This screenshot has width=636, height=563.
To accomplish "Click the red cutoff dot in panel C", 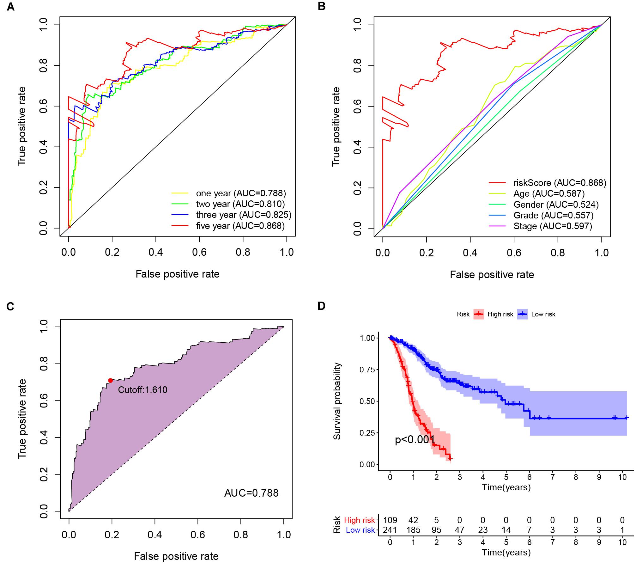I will click(x=110, y=380).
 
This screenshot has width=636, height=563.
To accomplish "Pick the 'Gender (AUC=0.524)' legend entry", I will click(x=556, y=205).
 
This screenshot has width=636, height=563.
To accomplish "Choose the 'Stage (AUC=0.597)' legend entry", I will click(x=553, y=226).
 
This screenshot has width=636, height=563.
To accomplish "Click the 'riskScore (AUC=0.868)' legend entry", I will click(x=560, y=183).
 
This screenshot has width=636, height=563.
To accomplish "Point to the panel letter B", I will click(x=321, y=6).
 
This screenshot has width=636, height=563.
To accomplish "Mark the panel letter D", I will click(x=321, y=306).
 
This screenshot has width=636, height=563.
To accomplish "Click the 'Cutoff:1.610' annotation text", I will click(x=142, y=390).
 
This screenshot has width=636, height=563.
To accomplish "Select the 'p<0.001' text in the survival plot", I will click(x=415, y=440).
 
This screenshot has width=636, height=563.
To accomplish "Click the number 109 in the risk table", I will click(x=390, y=520).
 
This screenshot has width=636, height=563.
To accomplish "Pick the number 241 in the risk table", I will click(x=390, y=530).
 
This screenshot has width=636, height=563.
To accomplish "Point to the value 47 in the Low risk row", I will click(x=460, y=530).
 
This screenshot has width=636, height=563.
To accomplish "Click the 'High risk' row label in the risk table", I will click(x=359, y=520).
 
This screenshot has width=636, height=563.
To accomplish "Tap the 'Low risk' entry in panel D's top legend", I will click(x=543, y=314).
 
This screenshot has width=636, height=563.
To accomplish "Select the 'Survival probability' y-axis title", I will click(x=337, y=401).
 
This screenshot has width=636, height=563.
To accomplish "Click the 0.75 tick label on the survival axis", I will click(x=367, y=370).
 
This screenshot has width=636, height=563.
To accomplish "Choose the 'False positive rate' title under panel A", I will click(x=177, y=274).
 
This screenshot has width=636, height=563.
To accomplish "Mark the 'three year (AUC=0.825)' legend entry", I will click(x=244, y=215).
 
